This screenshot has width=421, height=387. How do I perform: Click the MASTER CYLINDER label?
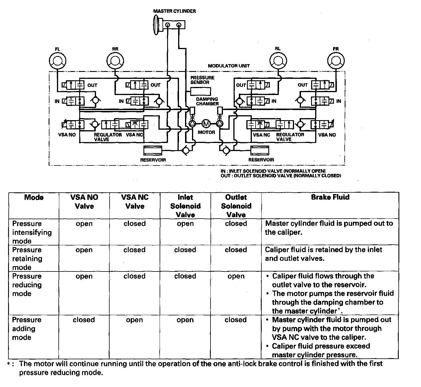tap(174, 11)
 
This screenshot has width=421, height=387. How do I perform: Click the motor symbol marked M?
tap(206, 124)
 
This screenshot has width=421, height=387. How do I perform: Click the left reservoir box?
tap(152, 150)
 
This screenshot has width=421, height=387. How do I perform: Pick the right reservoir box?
tap(260, 150)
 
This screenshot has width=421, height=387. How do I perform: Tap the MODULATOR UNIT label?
tap(229, 66)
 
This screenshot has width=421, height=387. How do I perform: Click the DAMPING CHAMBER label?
tap(207, 101)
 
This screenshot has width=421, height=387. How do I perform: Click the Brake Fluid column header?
tap(330, 197)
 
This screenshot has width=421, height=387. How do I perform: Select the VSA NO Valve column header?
tap(84, 202)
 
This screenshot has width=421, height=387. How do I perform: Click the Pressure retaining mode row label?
tap(27, 258)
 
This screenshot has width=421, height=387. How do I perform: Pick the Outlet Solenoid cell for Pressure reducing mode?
tap(236, 276)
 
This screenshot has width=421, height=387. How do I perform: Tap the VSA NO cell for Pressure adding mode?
tap(84, 320)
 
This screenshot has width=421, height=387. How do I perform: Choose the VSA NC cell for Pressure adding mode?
tap(134, 320)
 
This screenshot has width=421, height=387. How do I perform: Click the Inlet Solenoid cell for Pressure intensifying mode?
tap(185, 224)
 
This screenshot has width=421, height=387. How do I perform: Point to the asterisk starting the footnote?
tap(9, 364)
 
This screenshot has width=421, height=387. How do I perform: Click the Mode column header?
tap(34, 197)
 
